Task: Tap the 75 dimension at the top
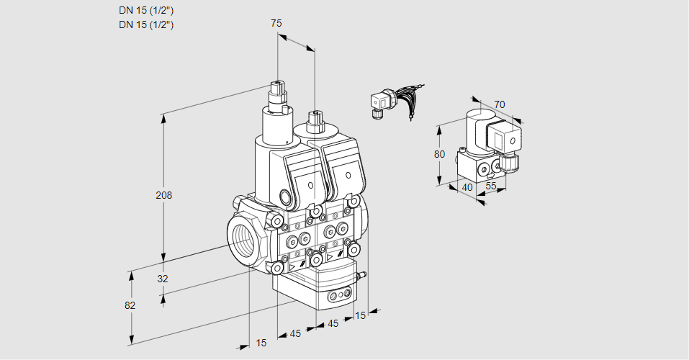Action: [276, 23]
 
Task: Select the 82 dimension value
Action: [130, 305]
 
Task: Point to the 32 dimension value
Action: [162, 279]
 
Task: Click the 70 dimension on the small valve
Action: [500, 104]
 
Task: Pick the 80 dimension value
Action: [441, 153]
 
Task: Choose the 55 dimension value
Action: [490, 186]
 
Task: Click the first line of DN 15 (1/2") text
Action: [146, 11]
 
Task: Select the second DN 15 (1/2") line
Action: [146, 25]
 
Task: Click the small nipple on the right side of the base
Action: [362, 274]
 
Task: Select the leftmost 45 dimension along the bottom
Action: [295, 333]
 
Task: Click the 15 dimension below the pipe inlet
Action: [261, 343]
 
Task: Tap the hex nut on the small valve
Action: [510, 162]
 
